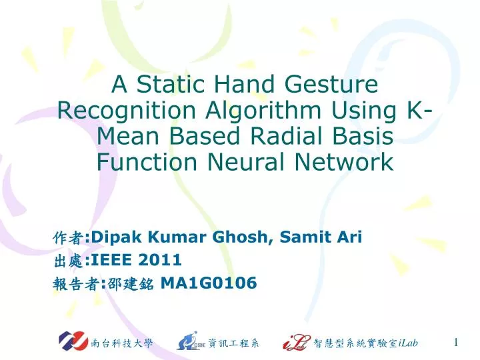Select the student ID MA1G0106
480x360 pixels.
209,283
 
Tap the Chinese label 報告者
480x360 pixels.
73,284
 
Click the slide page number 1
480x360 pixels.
455,343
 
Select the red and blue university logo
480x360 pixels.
73,342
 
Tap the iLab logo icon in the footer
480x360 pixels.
295,342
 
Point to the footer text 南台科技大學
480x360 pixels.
121,343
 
